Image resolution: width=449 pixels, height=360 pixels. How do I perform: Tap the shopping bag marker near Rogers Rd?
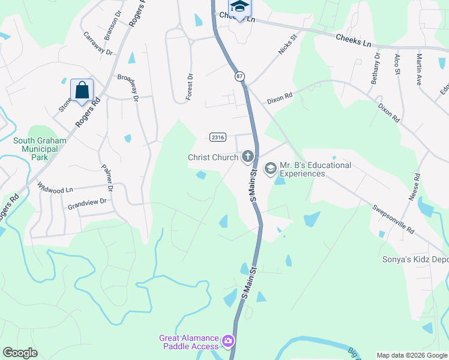click(82, 91)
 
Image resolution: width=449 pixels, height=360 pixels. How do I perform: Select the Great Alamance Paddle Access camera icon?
click(228, 341)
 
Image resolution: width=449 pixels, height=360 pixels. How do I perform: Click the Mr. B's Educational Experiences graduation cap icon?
click(270, 167)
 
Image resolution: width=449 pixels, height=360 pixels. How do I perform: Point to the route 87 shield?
click(240, 76)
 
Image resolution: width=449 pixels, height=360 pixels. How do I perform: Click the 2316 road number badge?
click(218, 137)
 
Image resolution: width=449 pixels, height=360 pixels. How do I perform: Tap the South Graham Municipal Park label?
click(39, 149)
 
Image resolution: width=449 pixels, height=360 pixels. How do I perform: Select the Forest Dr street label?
click(189, 86)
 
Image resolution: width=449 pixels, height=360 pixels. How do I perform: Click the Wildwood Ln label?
click(55, 188)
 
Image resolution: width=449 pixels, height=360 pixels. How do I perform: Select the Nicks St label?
click(288, 45)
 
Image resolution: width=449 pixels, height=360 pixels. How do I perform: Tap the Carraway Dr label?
click(98, 43)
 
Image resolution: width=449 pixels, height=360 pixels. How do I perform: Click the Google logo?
click(20, 353)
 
